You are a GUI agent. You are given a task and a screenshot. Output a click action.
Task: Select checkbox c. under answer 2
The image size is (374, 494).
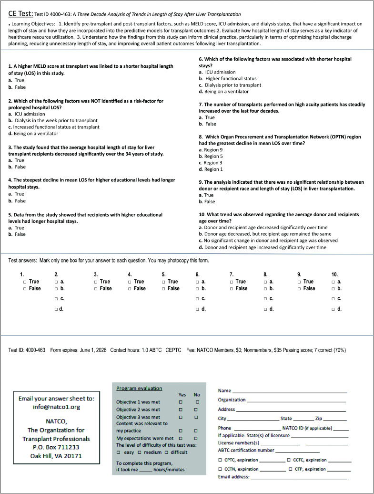tap(56, 299)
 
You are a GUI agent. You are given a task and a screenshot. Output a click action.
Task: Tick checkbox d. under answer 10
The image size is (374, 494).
tap(333, 309)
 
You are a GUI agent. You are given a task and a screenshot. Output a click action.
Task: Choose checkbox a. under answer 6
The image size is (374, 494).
tap(197, 282)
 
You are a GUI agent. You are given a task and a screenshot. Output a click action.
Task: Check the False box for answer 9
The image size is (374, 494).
tap(299, 289)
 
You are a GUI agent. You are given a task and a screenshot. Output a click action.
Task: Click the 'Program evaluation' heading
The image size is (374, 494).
tap(139, 389)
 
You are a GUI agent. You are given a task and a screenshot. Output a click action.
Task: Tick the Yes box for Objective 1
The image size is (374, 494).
tap(181, 402)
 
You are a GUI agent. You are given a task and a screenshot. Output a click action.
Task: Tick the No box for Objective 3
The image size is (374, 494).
tap(197, 417)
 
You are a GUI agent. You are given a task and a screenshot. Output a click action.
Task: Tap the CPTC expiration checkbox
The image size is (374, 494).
tap(220, 460)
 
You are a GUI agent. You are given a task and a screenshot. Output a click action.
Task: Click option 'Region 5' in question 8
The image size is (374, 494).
tap(214, 156)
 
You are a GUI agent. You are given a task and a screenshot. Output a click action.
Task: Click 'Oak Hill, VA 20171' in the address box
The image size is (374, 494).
tap(57, 456)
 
